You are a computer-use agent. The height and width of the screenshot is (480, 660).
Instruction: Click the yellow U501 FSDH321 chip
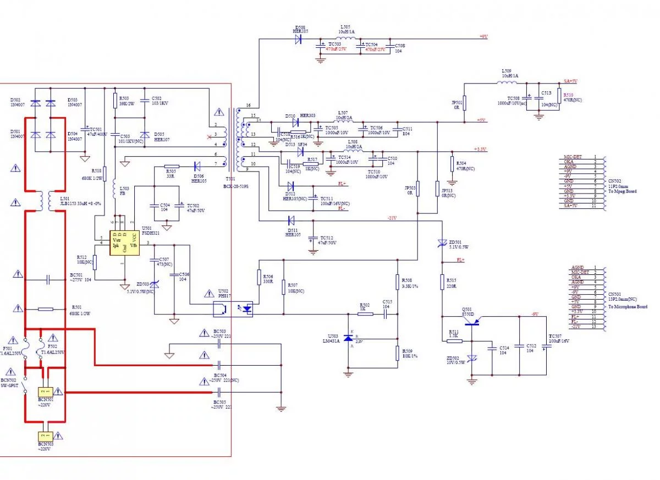(125, 243)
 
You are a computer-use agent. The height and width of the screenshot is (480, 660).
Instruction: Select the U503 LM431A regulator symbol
(348, 338)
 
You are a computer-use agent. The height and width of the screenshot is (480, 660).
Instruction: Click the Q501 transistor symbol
(471, 323)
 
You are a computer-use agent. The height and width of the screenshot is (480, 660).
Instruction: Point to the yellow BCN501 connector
(46, 392)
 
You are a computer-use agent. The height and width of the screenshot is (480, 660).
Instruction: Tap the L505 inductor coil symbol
(345, 38)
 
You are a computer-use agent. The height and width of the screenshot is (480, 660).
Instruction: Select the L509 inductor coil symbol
(507, 84)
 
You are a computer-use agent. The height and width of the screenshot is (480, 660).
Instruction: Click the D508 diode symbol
(299, 39)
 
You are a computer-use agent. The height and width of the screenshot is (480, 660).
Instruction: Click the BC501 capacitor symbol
(48, 279)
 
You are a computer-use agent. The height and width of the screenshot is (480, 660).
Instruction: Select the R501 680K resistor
(46, 309)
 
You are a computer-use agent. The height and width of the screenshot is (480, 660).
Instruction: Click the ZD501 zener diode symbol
(441, 243)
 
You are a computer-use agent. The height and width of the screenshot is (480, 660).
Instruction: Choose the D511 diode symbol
(290, 220)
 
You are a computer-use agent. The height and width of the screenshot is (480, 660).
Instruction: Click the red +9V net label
(483, 36)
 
